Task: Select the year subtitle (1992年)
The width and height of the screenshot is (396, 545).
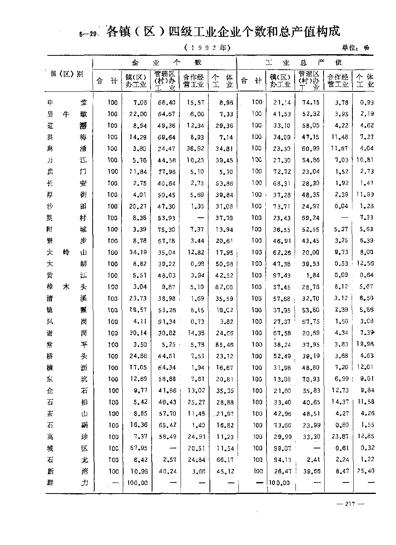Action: (207, 48)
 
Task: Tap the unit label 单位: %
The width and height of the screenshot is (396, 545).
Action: (356, 48)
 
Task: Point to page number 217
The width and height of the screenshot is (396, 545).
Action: (349, 504)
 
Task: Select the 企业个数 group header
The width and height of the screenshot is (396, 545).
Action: (167, 63)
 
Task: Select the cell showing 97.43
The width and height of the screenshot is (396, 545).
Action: (282, 275)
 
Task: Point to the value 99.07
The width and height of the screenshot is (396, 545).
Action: (282, 448)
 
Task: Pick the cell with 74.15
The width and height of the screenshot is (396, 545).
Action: (311, 103)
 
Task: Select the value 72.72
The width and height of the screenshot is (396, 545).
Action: (282, 172)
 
